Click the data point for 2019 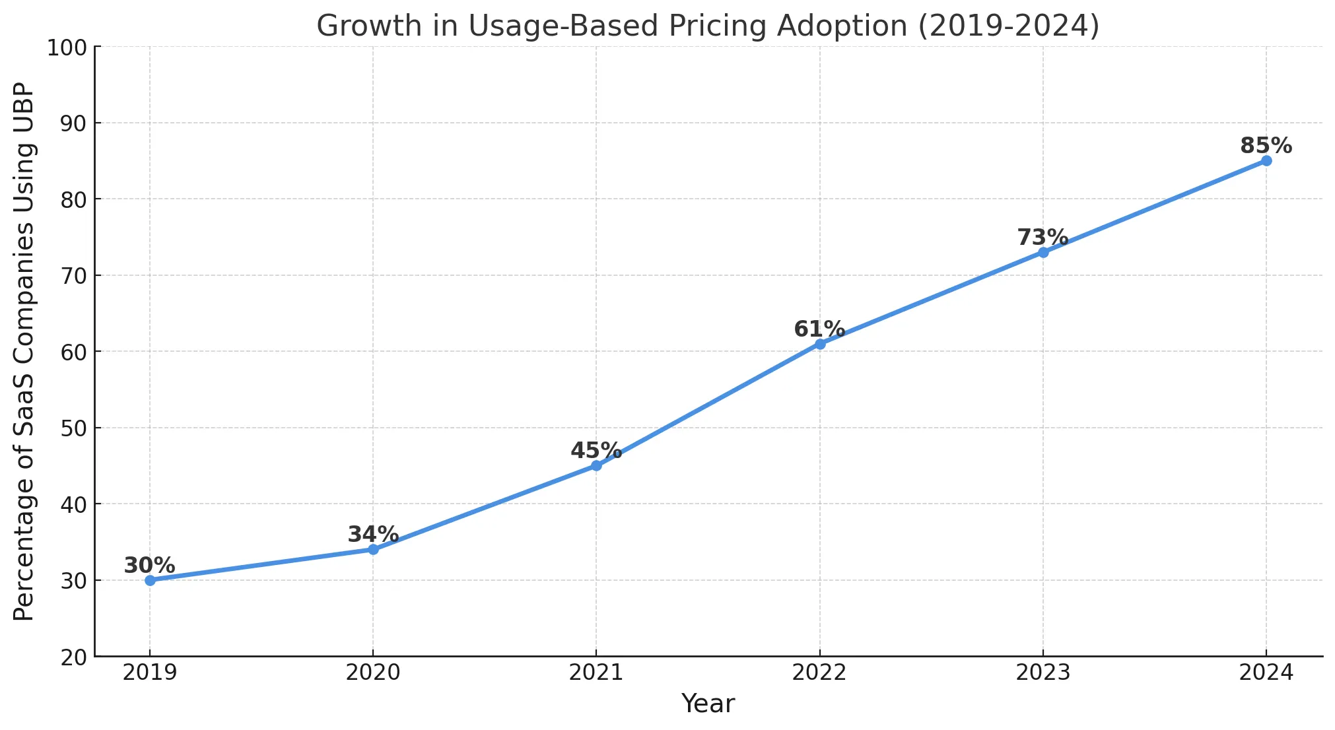[150, 580]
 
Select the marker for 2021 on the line [596, 466]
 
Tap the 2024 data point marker [1266, 161]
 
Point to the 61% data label [819, 329]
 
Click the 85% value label [1266, 145]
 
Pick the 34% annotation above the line [373, 534]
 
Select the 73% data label [1043, 237]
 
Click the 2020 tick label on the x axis [373, 673]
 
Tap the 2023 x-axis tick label [1043, 673]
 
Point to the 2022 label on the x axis [819, 673]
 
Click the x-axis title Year [708, 704]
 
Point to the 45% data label [596, 451]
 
